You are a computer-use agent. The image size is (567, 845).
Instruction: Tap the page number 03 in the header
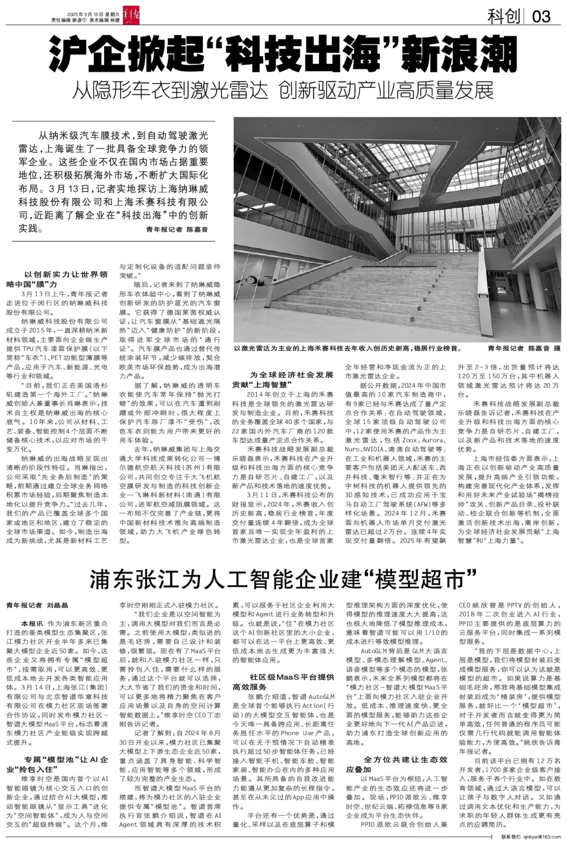coord(541,17)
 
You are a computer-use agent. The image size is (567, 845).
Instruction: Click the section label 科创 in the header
coord(504,17)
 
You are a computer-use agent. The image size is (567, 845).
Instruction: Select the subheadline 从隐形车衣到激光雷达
coord(170,90)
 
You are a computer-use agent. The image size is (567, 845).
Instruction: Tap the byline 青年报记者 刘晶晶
coord(37,605)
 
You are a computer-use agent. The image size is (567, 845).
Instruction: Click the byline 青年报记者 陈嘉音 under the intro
coord(177,229)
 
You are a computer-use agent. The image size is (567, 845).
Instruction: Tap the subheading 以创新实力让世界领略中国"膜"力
coord(57,279)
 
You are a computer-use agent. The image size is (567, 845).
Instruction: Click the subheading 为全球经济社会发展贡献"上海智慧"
coord(283,379)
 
